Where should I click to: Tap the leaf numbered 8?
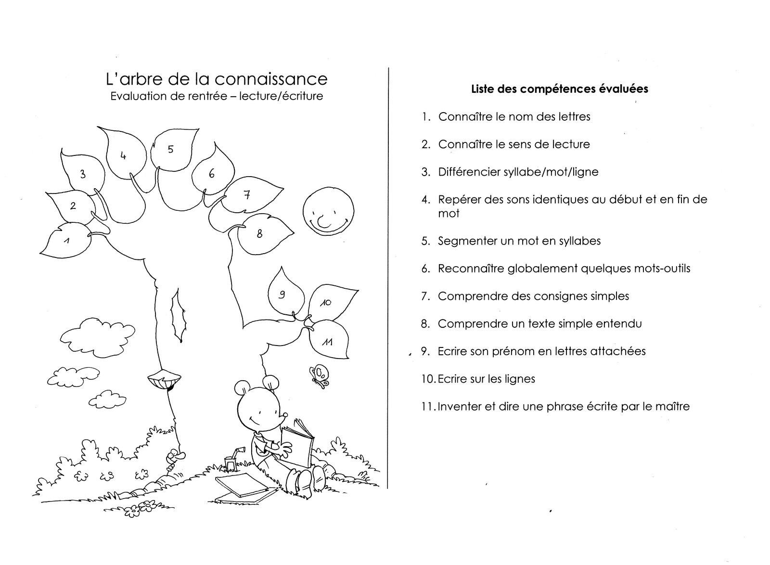click(x=265, y=234)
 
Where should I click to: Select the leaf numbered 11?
click(x=329, y=340)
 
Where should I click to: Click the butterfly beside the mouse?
click(x=319, y=375)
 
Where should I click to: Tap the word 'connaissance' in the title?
click(x=270, y=78)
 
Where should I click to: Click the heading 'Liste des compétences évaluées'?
click(x=559, y=89)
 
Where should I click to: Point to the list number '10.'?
click(x=428, y=379)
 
